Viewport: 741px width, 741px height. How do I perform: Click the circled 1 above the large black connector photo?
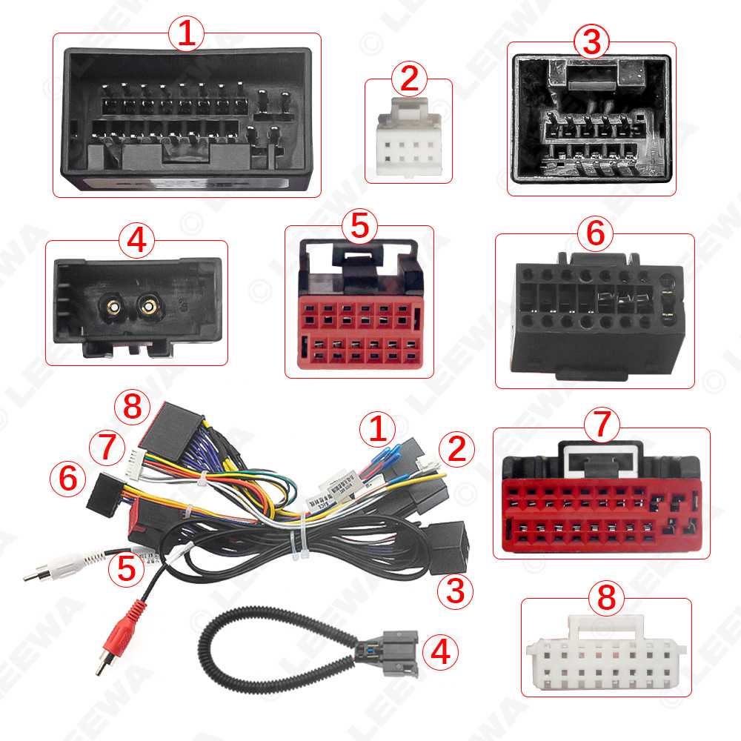[x=186, y=34]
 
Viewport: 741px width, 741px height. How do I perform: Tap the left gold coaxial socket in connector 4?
[x=115, y=304]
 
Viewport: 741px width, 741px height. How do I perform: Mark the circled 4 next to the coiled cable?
[x=440, y=652]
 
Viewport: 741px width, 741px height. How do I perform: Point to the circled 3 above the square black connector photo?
[x=591, y=43]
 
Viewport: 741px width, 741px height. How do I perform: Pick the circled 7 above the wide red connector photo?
[x=601, y=425]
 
